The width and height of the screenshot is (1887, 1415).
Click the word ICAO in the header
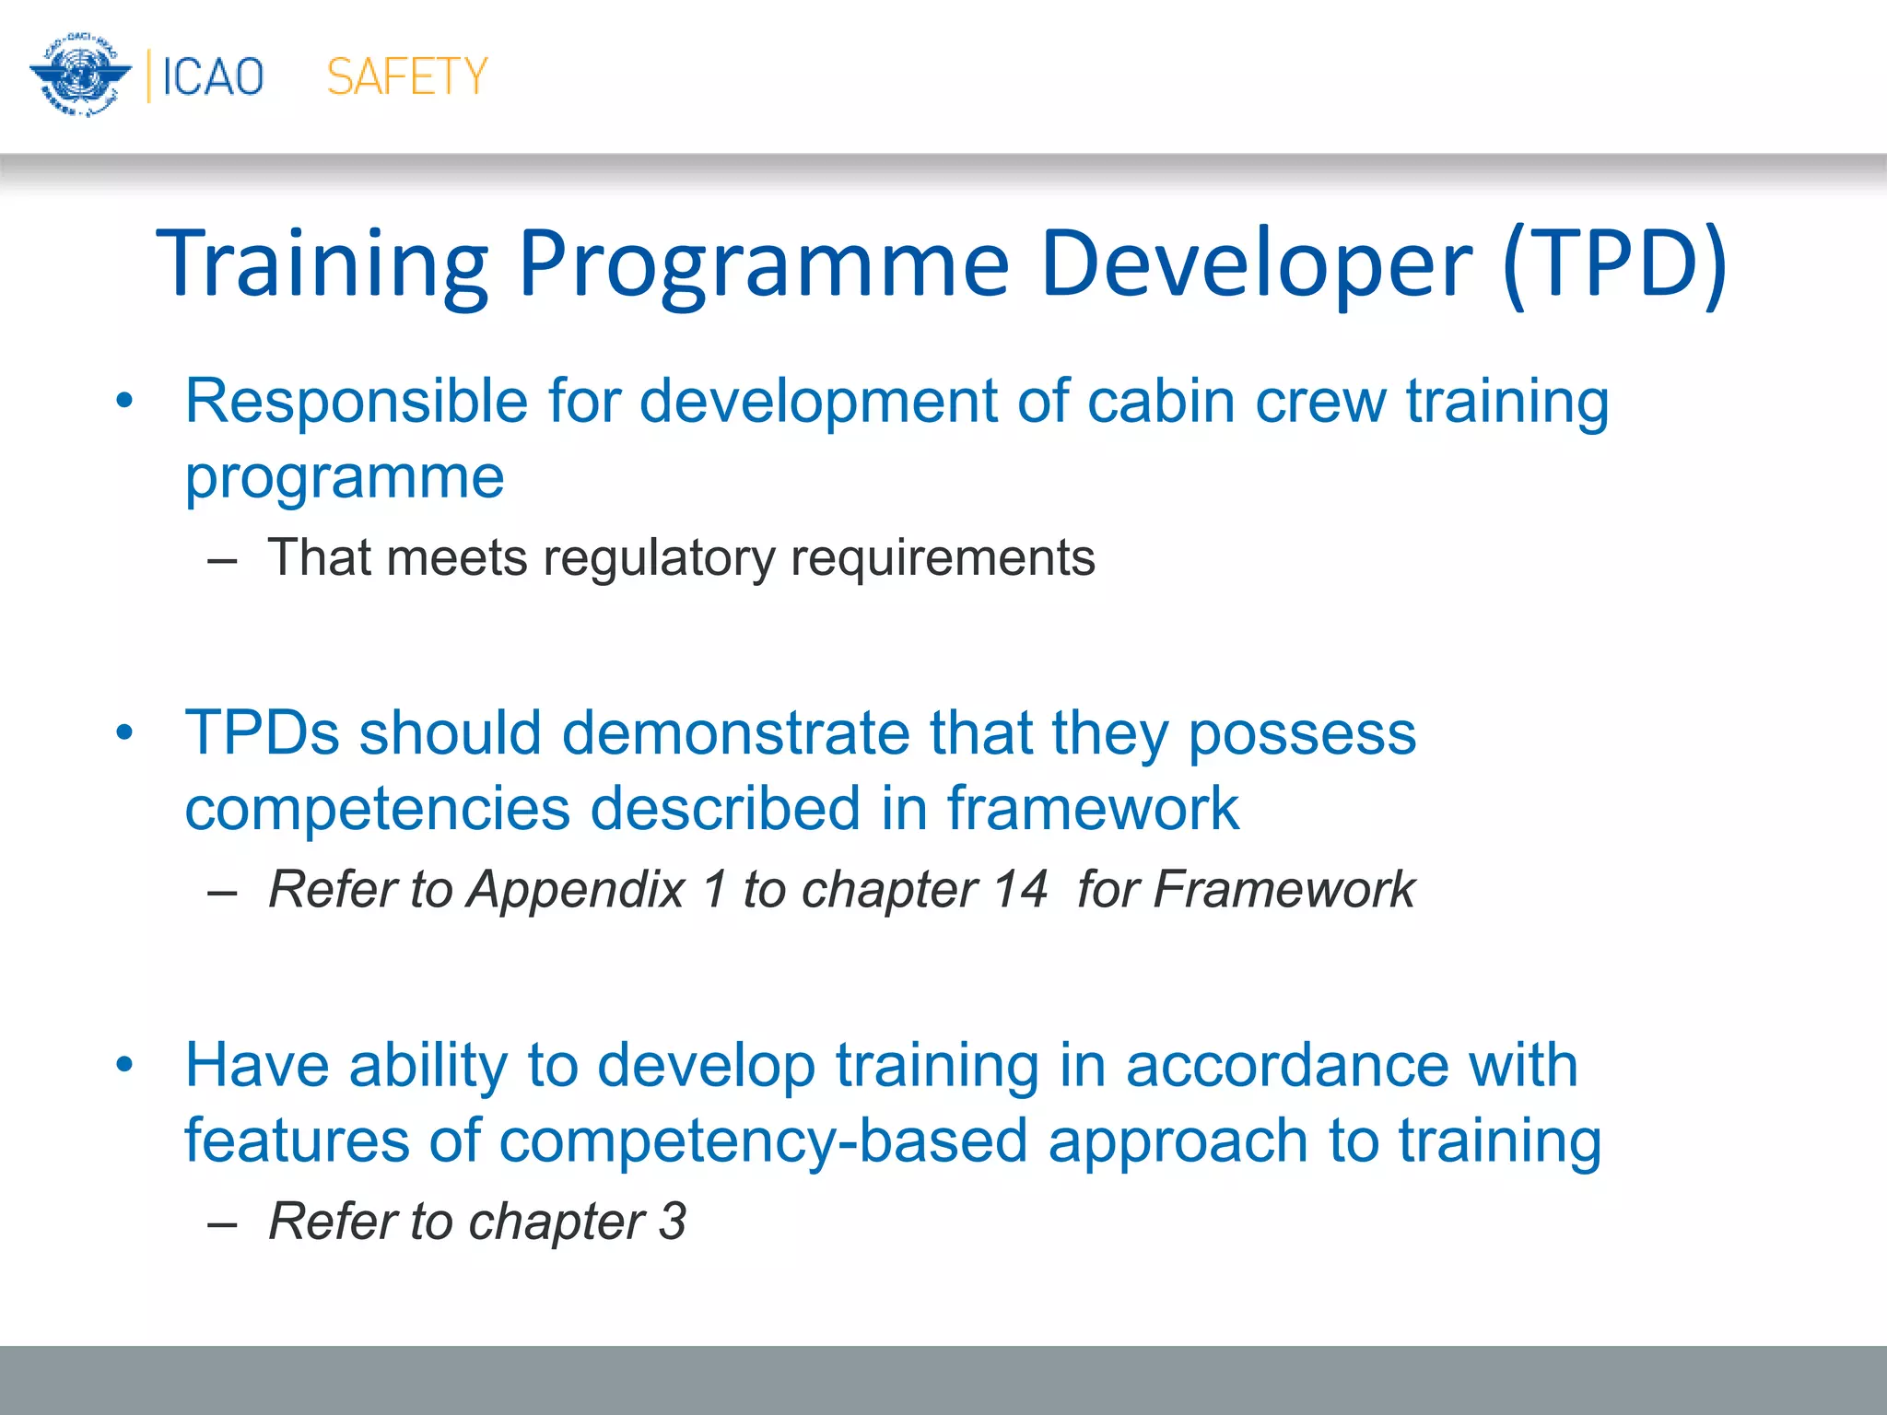click(x=213, y=76)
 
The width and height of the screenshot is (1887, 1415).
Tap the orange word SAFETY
click(x=406, y=76)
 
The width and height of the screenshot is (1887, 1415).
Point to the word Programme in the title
click(x=764, y=263)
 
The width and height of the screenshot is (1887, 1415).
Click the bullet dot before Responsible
click(x=124, y=402)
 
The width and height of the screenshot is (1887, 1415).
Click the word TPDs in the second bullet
click(x=263, y=733)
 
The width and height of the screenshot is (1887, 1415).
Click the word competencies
click(x=378, y=809)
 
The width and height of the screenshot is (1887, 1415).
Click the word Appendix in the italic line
click(x=576, y=890)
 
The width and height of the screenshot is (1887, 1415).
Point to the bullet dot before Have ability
click(x=124, y=1065)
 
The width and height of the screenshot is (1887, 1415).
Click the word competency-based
click(x=763, y=1140)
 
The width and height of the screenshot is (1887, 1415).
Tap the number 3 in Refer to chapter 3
click(x=672, y=1222)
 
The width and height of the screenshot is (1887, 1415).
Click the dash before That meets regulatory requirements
click(x=222, y=560)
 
